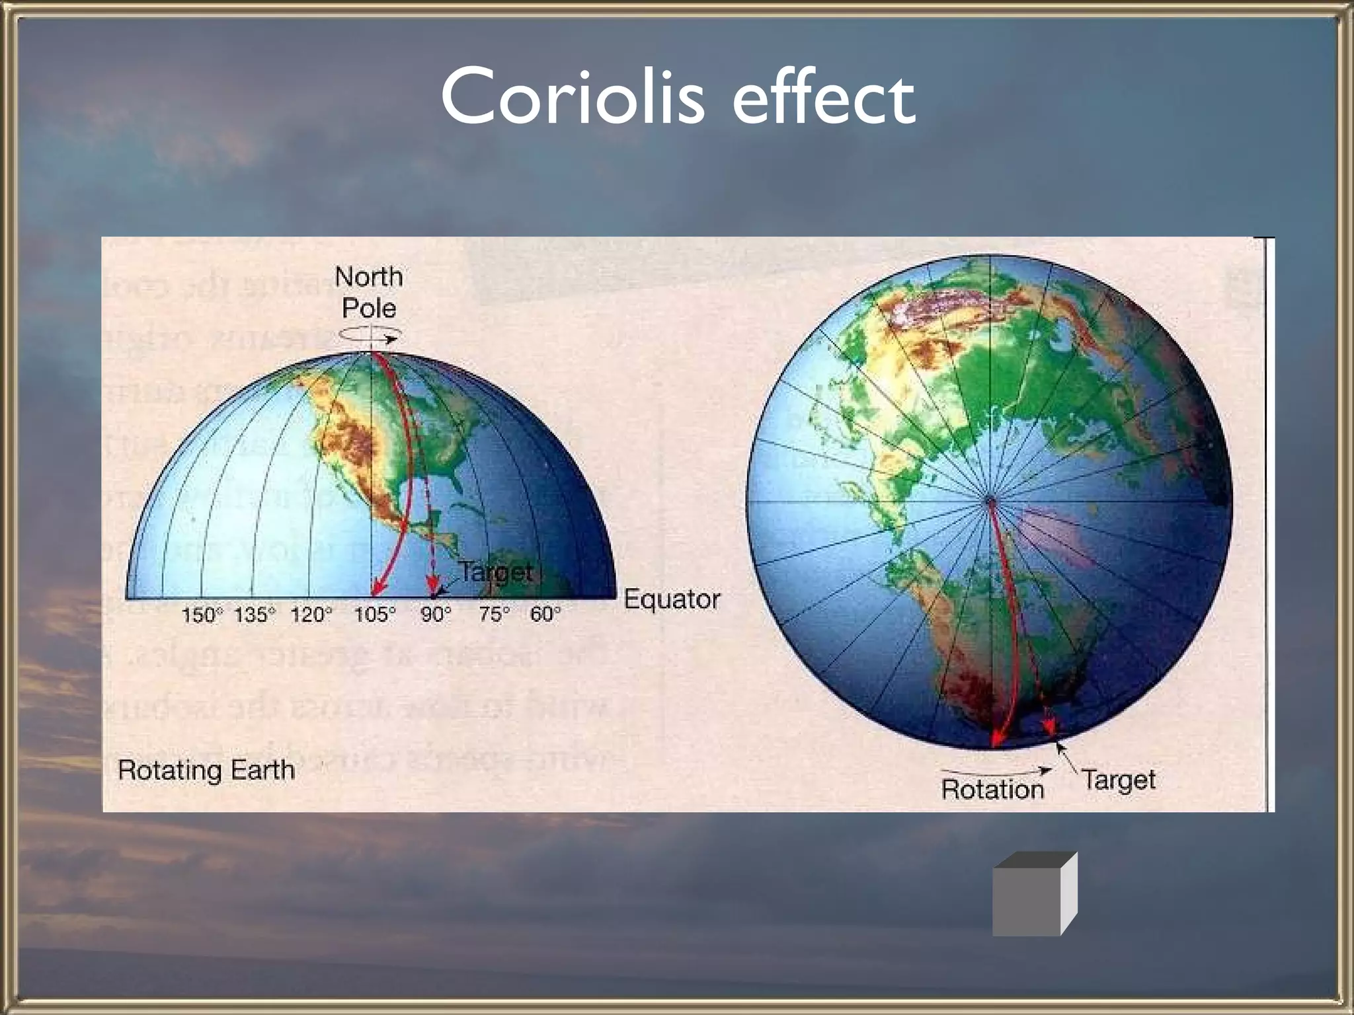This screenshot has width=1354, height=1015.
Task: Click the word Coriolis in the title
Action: [x=573, y=98]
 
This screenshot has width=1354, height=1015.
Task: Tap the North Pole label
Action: [x=369, y=292]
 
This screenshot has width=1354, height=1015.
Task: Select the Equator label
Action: [x=672, y=599]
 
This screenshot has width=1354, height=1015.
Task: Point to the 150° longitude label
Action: [x=198, y=615]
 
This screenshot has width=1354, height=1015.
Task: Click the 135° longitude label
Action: [x=254, y=615]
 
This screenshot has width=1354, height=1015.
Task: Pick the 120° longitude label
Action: [x=311, y=615]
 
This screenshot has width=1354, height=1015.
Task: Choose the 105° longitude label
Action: [x=374, y=615]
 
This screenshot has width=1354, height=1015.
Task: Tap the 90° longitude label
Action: [x=436, y=615]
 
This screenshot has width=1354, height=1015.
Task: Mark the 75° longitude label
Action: [x=495, y=615]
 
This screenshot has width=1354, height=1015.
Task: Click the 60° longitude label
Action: [x=545, y=615]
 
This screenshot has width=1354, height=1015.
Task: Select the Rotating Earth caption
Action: [x=206, y=771]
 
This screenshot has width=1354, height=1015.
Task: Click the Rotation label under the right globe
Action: [x=992, y=790]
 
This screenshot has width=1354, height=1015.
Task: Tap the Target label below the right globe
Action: [x=1119, y=780]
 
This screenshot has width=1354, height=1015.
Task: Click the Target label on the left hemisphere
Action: [x=495, y=572]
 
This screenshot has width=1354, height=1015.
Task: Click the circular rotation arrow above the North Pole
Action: [x=368, y=337]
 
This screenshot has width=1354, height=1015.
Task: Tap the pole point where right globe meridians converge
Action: [x=990, y=502]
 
